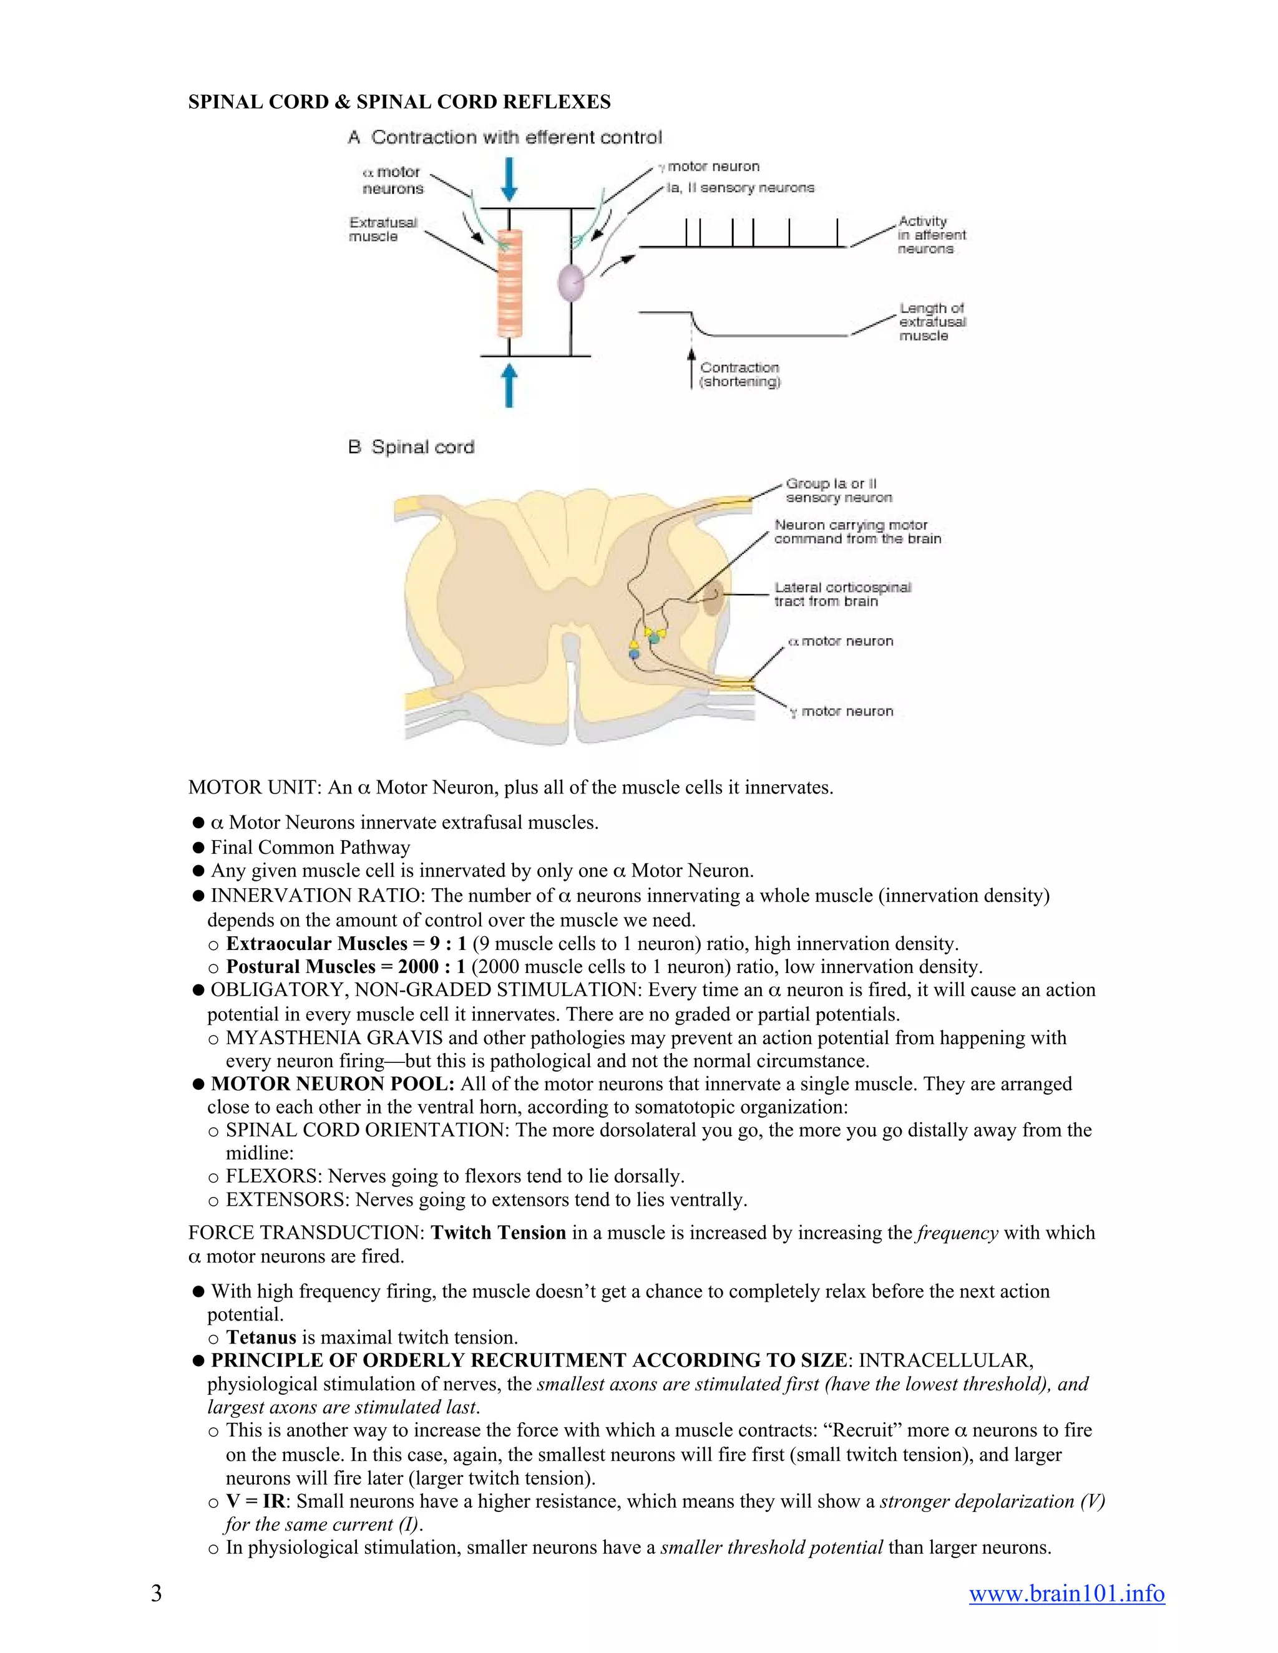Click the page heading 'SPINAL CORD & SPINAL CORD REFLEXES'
399,102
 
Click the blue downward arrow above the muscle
510,178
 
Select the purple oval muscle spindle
572,283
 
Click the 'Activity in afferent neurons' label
931,235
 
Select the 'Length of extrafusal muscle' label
932,322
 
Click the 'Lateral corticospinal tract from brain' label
842,594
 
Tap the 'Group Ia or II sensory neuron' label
838,490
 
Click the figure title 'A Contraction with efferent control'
505,138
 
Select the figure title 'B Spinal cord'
411,447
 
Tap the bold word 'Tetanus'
261,1337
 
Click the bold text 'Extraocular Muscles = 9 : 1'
346,944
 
